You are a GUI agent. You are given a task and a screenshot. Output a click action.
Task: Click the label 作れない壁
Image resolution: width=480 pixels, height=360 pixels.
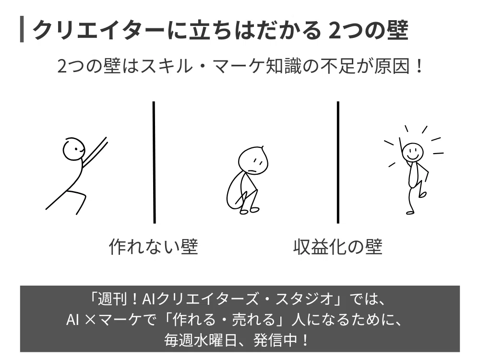click(154, 247)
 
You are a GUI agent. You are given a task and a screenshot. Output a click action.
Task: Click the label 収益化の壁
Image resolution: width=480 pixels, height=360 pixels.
click(338, 247)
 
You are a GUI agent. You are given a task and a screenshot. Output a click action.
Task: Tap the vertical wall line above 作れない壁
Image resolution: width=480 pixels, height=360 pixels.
click(154, 162)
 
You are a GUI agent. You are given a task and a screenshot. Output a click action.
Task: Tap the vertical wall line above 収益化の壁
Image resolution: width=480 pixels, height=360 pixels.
click(338, 162)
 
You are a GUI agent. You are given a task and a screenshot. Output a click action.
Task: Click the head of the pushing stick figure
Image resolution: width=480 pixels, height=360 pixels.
click(73, 148)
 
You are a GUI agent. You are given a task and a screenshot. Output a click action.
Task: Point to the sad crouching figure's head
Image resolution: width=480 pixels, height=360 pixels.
click(253, 160)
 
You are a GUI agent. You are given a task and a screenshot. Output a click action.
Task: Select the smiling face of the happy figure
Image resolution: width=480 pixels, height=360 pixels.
click(412, 152)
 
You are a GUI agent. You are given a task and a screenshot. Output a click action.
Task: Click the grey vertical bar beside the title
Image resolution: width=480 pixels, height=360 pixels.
click(22, 29)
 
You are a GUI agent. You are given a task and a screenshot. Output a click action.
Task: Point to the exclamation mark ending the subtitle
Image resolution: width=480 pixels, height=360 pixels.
click(419, 66)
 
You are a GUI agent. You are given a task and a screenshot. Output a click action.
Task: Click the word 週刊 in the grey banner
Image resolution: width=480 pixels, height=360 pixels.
click(114, 299)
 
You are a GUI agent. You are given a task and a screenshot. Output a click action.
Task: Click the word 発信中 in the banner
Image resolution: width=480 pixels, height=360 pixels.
click(276, 340)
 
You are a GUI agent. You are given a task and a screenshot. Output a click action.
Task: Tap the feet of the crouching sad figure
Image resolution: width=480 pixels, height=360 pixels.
click(249, 211)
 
